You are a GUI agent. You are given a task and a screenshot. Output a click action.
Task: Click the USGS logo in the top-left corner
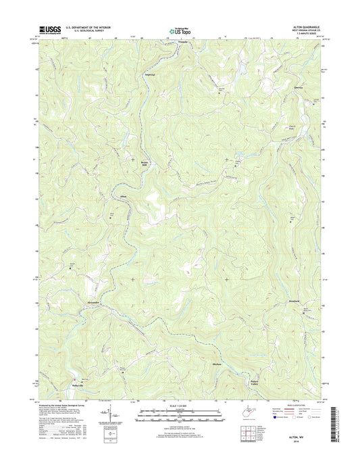coord(52,29)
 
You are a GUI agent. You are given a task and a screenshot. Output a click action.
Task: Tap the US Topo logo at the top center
coord(178,30)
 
